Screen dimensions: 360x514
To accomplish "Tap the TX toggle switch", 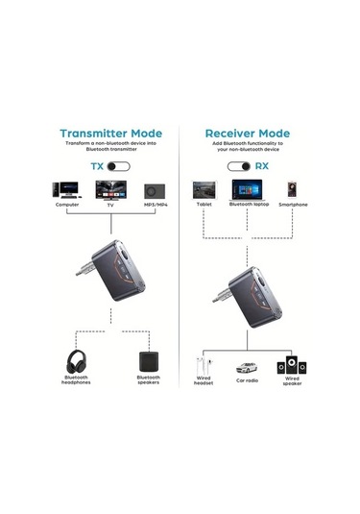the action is (x=118, y=165).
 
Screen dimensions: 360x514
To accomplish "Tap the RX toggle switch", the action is (x=238, y=165).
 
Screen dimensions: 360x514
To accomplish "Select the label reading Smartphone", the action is (x=293, y=205).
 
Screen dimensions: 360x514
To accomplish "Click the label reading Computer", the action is (x=67, y=205).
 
